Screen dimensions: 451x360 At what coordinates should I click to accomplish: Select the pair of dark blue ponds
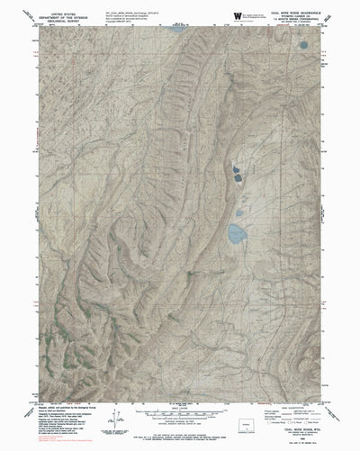pos(238,172)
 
